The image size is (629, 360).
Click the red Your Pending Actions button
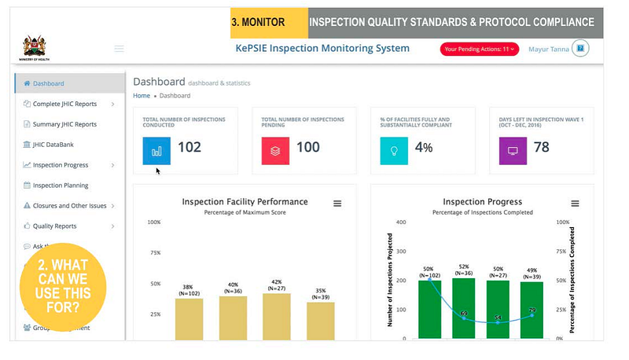pos(479,49)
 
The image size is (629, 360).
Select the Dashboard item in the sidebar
pos(49,83)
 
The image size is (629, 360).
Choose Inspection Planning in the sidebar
pos(61,186)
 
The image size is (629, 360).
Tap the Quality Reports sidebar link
pos(54,226)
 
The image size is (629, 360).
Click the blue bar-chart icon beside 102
pos(156,150)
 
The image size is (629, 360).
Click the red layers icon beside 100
pos(275,150)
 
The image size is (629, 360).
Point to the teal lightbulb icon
pos(394,150)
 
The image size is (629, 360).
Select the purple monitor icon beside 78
pos(513,150)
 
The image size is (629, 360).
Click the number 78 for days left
pos(541,147)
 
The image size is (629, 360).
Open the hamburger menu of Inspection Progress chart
pos(575,204)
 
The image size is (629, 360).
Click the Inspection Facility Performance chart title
pos(245,202)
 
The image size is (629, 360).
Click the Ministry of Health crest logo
pos(34,45)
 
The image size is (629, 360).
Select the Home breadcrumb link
pos(142,96)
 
